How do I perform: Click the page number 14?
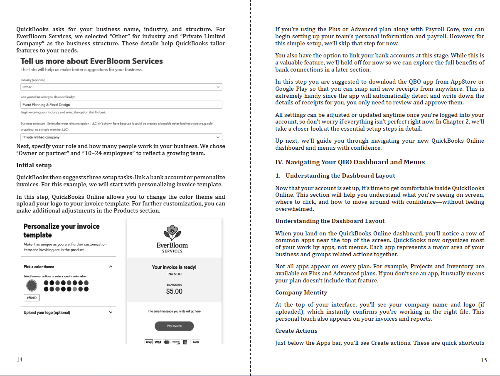pos(20,359)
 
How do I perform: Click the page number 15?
pos(484,360)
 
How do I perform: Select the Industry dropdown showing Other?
pos(121,87)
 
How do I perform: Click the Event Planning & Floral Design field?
pos(121,105)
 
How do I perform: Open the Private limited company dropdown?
pos(121,137)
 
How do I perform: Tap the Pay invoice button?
pos(174,326)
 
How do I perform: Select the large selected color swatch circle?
pos(31,286)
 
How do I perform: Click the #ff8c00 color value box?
pos(32,298)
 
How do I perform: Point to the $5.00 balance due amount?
pos(174,291)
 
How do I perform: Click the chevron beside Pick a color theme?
pos(111,267)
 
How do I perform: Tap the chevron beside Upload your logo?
pos(111,312)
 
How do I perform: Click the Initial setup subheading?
pos(34,165)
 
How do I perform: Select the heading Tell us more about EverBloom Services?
pos(91,61)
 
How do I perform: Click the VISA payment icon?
pos(158,342)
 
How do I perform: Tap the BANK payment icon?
pos(196,342)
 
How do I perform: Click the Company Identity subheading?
pos(301,292)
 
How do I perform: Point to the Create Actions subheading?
pos(296,331)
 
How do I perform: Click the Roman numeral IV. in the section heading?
pos(279,162)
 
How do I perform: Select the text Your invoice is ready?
pos(174,267)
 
